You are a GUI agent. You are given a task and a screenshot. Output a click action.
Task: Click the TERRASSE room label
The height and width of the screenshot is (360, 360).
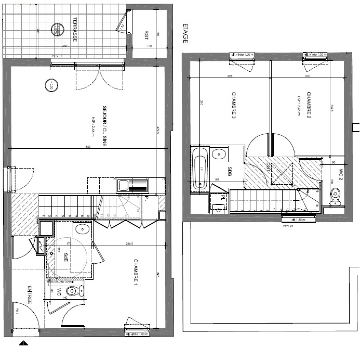[75, 29]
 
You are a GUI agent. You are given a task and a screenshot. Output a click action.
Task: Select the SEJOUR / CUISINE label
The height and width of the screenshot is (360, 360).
[104, 126]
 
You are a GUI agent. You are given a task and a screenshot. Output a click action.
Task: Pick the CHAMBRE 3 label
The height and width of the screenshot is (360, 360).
[234, 106]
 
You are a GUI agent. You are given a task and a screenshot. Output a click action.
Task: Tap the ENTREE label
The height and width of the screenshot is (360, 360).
[30, 295]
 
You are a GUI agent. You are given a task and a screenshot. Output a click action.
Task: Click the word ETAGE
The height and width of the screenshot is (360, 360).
[185, 34]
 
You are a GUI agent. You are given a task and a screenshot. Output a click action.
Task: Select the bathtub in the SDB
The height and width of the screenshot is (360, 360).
[200, 169]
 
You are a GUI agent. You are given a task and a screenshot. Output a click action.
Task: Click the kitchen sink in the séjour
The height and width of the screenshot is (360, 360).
[123, 185]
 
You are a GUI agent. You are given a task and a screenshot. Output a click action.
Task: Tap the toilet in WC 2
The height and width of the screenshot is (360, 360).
[336, 196]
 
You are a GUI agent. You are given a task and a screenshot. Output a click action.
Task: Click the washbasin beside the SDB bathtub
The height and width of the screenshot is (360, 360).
[219, 154]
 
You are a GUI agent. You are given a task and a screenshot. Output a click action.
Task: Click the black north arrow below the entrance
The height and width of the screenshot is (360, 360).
[24, 343]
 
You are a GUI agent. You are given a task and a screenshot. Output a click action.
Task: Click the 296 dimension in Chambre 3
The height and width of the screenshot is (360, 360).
[230, 76]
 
